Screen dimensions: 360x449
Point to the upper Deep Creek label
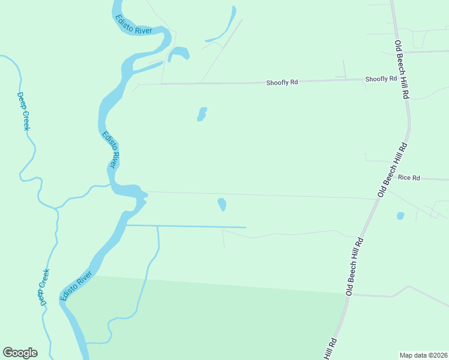click(x=23, y=112)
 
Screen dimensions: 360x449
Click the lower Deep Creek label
click(x=43, y=287)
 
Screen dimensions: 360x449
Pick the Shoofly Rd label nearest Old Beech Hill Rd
click(x=381, y=79)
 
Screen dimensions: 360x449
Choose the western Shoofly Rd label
click(x=282, y=82)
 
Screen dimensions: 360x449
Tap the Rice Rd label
click(x=409, y=178)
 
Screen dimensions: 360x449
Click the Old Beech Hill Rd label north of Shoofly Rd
click(x=402, y=69)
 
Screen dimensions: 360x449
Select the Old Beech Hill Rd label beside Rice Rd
click(x=393, y=170)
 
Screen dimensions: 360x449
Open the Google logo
click(x=20, y=353)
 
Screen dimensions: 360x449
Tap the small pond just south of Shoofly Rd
click(x=202, y=114)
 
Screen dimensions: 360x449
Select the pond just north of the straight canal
click(x=222, y=205)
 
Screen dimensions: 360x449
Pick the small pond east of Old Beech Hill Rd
click(x=400, y=215)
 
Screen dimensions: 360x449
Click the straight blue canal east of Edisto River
click(x=192, y=227)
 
